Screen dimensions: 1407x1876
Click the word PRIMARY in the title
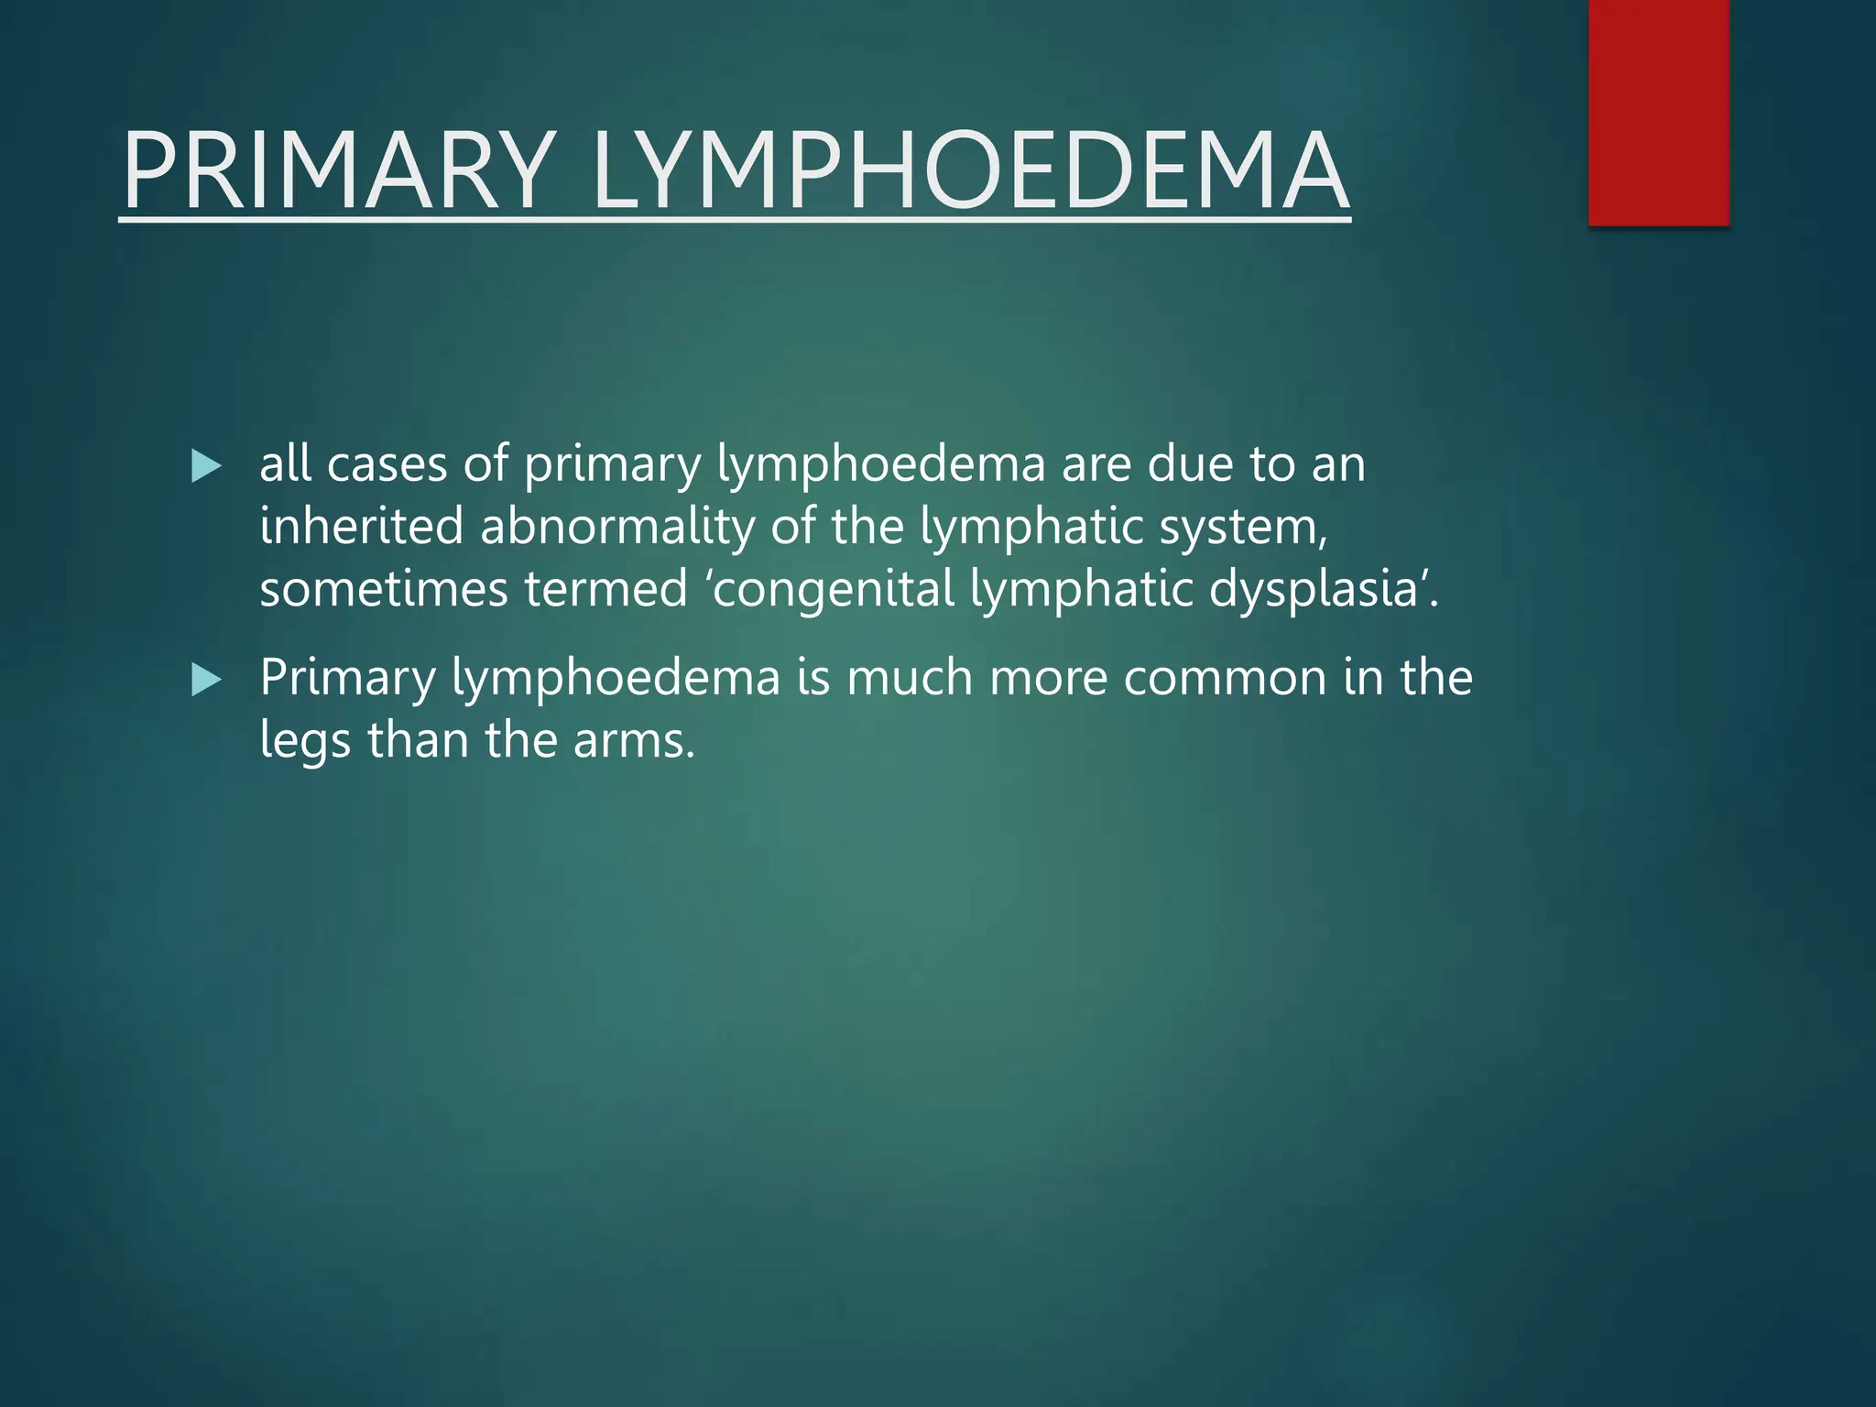pos(339,171)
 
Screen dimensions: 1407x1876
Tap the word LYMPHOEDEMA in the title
pos(971,171)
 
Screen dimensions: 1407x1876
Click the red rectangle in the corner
pos(1658,112)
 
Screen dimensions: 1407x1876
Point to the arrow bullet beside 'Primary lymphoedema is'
pos(207,680)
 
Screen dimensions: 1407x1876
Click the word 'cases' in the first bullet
pos(387,464)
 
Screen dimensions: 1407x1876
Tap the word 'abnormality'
pos(616,529)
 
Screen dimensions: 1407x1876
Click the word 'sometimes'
pos(383,589)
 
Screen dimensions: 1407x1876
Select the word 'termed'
pos(605,589)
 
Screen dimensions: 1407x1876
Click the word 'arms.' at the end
pos(634,740)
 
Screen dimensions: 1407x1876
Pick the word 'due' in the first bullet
pos(1190,464)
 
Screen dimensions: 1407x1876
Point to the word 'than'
pos(418,740)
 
